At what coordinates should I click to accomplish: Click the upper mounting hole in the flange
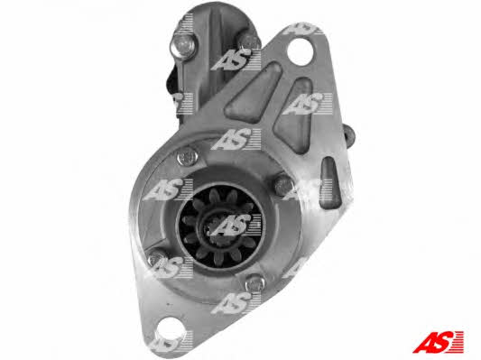tap(301, 51)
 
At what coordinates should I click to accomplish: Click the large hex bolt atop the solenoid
tap(182, 46)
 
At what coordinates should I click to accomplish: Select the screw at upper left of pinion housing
tap(187, 157)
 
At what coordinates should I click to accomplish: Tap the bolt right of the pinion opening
tap(282, 184)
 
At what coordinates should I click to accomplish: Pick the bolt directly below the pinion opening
tap(255, 282)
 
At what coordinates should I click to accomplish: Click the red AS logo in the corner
tap(438, 342)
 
